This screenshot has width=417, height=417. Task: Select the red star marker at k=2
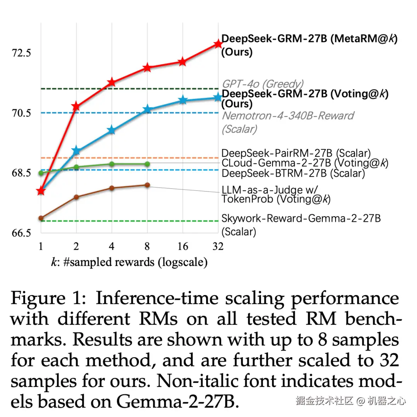tap(76, 106)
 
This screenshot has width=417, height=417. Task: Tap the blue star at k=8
tap(147, 110)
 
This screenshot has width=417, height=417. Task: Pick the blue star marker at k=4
tap(112, 130)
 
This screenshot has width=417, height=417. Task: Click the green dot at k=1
tap(41, 173)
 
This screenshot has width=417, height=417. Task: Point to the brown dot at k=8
tap(147, 185)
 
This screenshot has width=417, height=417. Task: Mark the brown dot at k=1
tap(41, 218)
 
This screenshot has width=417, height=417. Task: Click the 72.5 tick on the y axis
tap(21, 53)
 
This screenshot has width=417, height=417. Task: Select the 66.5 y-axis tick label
tap(21, 233)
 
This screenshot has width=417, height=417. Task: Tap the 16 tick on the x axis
tap(183, 246)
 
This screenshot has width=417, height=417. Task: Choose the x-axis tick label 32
tap(218, 246)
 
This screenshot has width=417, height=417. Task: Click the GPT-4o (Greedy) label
tap(263, 84)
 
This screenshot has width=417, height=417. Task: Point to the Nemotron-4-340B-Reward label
tap(288, 116)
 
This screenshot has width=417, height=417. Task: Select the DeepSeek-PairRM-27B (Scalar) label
tap(296, 153)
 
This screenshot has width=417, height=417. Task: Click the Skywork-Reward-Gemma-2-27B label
tap(301, 219)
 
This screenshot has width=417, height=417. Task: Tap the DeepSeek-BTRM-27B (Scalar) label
tap(293, 173)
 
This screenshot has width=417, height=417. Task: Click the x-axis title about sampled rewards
tap(129, 262)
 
